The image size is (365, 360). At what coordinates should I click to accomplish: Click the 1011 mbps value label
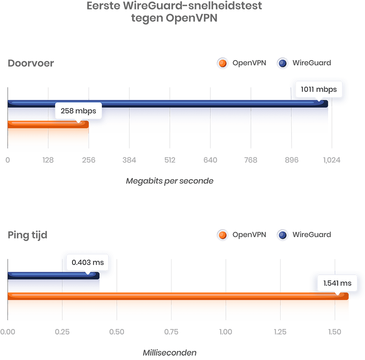click(319, 89)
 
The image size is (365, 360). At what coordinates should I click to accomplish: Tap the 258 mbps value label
click(78, 111)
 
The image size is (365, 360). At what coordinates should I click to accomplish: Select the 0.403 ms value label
click(88, 262)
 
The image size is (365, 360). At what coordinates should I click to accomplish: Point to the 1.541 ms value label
click(337, 283)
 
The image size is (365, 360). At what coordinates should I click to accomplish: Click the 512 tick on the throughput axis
click(170, 160)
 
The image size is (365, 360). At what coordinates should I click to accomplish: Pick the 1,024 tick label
click(331, 160)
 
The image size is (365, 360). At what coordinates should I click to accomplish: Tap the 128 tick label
click(48, 160)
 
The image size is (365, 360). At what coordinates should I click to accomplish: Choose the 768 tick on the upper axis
click(251, 160)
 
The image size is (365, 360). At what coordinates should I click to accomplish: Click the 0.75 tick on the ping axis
click(171, 332)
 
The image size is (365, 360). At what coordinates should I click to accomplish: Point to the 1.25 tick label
click(280, 332)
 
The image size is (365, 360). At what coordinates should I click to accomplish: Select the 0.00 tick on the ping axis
click(7, 332)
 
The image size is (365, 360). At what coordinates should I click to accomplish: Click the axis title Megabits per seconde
click(170, 181)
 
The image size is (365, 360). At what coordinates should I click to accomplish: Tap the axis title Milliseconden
click(170, 353)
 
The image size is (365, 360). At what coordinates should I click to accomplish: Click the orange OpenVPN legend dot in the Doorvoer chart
click(223, 63)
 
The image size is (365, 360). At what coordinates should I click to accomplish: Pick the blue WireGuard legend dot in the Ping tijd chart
click(283, 235)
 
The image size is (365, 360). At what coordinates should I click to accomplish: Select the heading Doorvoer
click(31, 63)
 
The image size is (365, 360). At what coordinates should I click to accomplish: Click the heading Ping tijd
click(27, 235)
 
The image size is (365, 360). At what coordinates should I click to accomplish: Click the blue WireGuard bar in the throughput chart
click(168, 103)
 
